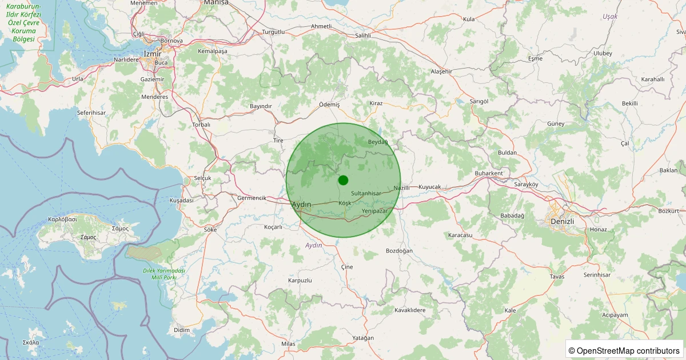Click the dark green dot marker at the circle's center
click(343, 180)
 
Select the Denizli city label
click(561, 221)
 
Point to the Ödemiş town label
click(329, 105)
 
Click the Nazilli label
click(402, 187)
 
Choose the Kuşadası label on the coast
click(182, 201)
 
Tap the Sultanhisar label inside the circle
click(366, 194)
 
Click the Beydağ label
click(378, 142)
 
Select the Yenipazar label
click(375, 211)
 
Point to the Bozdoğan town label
click(399, 251)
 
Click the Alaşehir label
click(441, 71)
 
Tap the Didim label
click(181, 330)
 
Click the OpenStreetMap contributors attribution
click(625, 350)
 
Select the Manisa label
click(216, 3)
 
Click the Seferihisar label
click(91, 113)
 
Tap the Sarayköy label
click(510, 185)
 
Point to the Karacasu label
click(460, 235)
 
